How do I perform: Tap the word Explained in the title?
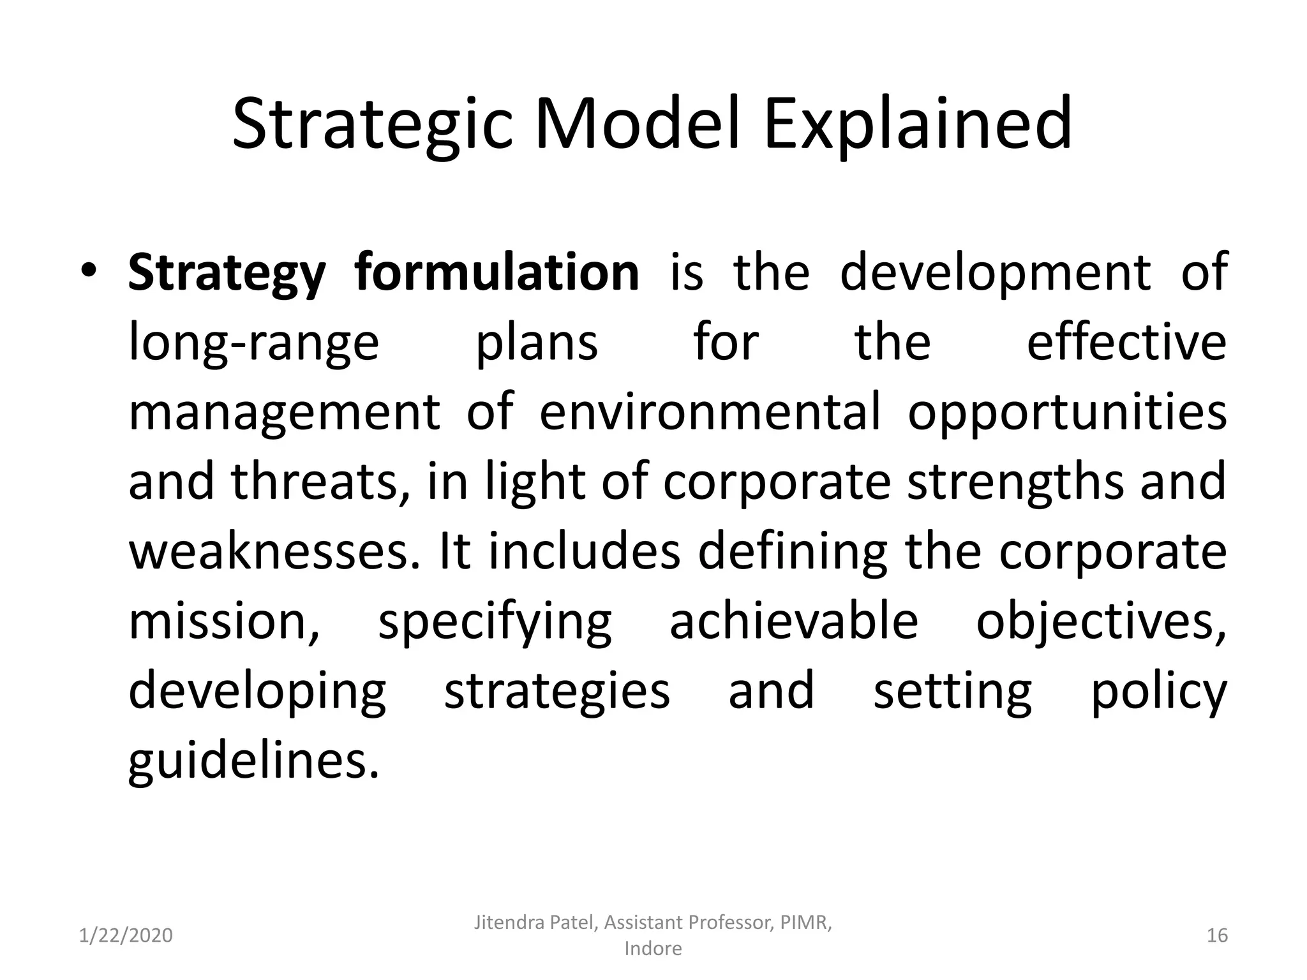[x=917, y=124]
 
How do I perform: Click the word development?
[x=995, y=272]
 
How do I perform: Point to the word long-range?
[x=254, y=343]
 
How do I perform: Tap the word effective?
[x=1126, y=343]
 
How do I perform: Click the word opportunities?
[x=1067, y=412]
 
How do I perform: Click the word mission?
[x=223, y=622]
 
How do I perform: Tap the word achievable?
[x=794, y=622]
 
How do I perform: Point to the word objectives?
[x=1100, y=622]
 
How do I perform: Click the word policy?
[x=1158, y=692]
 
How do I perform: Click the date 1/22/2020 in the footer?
[x=126, y=935]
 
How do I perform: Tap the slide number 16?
[x=1217, y=935]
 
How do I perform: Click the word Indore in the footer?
[x=653, y=949]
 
